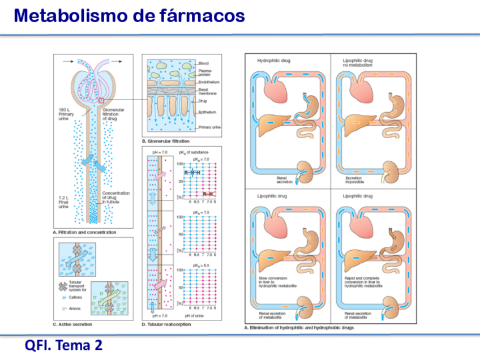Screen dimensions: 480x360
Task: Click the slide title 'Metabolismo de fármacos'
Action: coord(130,16)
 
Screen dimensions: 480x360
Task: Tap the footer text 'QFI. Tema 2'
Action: coord(63,345)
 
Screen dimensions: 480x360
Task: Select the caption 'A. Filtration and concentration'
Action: coord(84,232)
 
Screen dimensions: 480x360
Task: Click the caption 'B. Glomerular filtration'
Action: coord(165,140)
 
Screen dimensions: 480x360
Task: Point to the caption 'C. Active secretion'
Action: coord(72,324)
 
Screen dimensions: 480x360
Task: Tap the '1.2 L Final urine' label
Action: coord(63,203)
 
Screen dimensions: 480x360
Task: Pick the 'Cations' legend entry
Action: coord(76,297)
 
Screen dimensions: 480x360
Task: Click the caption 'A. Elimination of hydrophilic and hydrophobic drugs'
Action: coord(299,328)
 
